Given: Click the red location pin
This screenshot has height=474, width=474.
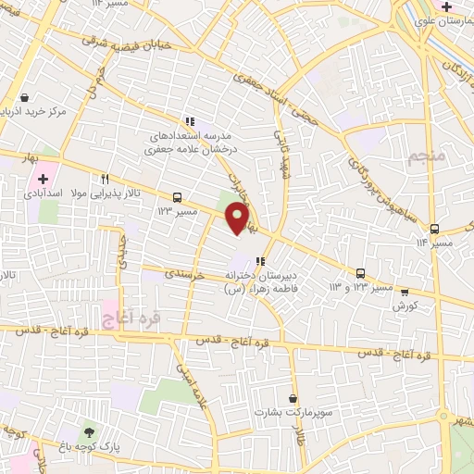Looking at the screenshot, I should pos(238,218).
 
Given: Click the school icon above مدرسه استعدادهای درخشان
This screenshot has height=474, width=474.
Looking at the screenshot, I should pos(190,121).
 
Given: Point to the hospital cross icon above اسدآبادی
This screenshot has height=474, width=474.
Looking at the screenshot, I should pos(44,178).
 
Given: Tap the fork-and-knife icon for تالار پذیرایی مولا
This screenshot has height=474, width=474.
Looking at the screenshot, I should pos(106,180).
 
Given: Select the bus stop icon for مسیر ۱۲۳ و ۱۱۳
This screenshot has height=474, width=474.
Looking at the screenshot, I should pos(361,273).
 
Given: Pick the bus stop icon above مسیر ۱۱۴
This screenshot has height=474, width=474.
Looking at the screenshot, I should pos(434,229).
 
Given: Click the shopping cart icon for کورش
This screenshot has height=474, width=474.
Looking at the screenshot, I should pos(404,292).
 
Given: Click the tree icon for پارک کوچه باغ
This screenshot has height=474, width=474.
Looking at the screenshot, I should pos(89,431).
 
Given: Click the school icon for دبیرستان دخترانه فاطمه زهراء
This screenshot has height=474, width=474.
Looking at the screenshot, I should pos(262,261).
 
